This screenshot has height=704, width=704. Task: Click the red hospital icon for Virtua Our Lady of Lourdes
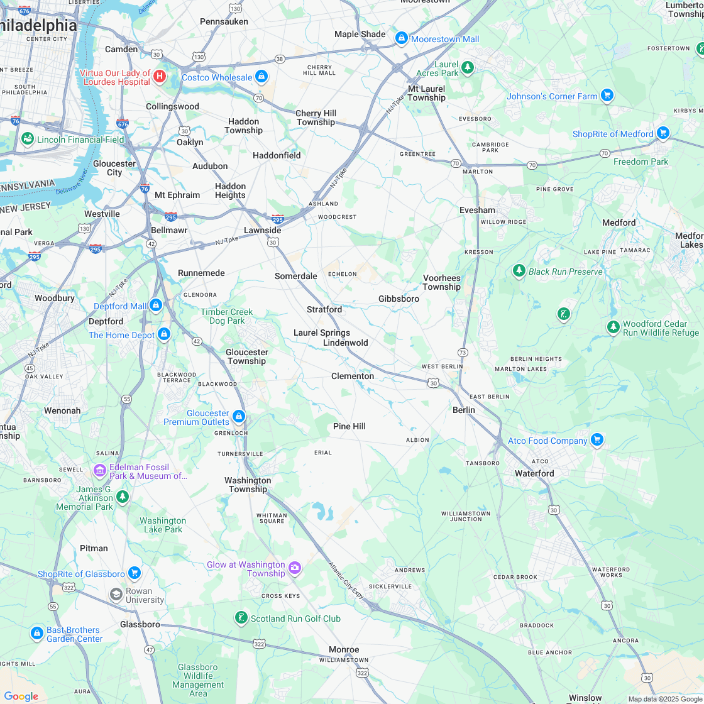(160, 77)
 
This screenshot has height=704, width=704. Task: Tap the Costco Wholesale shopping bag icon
(261, 77)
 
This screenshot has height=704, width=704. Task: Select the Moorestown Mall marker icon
(401, 38)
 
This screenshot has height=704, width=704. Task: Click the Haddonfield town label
(277, 155)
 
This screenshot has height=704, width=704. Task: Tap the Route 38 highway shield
(280, 58)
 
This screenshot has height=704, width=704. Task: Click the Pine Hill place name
(349, 426)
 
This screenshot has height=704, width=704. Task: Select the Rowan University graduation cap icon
(116, 594)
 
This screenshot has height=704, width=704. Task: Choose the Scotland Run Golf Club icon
(241, 618)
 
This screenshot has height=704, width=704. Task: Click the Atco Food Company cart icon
(597, 440)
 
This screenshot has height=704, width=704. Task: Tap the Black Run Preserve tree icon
(519, 271)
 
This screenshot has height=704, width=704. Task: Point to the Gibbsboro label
(399, 299)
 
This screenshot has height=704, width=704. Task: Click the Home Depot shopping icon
(164, 334)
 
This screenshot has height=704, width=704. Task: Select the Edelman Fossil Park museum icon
(99, 470)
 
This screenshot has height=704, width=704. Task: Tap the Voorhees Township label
(441, 282)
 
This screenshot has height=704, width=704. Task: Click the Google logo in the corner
(21, 696)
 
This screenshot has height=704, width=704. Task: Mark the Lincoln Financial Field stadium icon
(27, 138)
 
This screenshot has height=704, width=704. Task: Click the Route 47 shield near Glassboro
(149, 649)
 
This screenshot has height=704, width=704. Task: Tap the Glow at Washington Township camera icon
(295, 569)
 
